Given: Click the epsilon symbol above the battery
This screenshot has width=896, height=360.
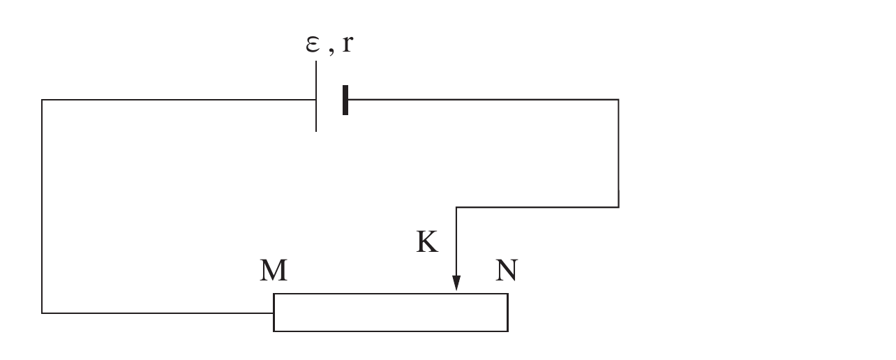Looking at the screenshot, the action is coord(313,44).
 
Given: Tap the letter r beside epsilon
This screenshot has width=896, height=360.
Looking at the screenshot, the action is coord(348,43).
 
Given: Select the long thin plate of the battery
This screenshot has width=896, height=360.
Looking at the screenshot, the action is coord(316,96).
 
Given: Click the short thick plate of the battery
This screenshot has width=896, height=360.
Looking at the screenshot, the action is coord(345,100).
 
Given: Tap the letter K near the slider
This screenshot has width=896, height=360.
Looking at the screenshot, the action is coord(427,241).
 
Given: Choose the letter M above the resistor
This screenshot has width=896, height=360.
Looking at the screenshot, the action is coord(274,271).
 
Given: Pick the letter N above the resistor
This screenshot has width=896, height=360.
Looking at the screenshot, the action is coord(507,271).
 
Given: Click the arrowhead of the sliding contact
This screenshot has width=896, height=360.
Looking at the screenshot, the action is coord(456,283).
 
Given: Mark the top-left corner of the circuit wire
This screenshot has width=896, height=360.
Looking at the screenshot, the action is coord(42,100).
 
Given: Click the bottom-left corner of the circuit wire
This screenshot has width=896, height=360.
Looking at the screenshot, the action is coord(42,313).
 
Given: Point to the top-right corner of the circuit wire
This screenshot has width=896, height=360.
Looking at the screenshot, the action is coord(619,100).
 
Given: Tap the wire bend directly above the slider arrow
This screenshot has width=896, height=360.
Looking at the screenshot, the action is coord(456,207).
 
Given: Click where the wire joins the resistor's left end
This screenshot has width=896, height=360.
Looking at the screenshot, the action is coord(274,313).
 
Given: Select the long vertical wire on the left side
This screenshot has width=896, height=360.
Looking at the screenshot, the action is coord(42,207).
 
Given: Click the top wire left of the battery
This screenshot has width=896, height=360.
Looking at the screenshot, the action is coord(179,100).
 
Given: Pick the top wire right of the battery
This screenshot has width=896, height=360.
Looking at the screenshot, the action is coord(484,100).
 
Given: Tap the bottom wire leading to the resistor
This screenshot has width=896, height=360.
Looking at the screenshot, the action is coord(158,313).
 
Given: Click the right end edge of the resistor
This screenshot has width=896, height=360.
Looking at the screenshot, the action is coord(508,313).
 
